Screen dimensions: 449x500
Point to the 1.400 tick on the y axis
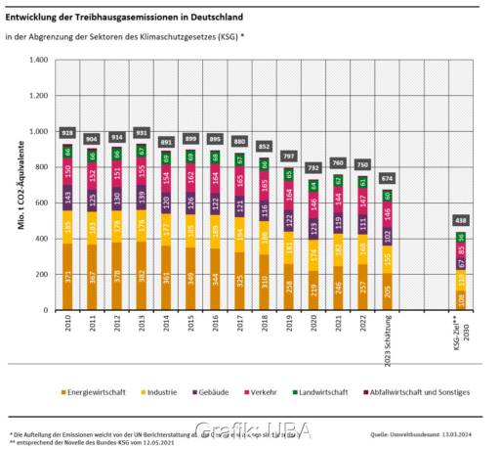click(x=38, y=61)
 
